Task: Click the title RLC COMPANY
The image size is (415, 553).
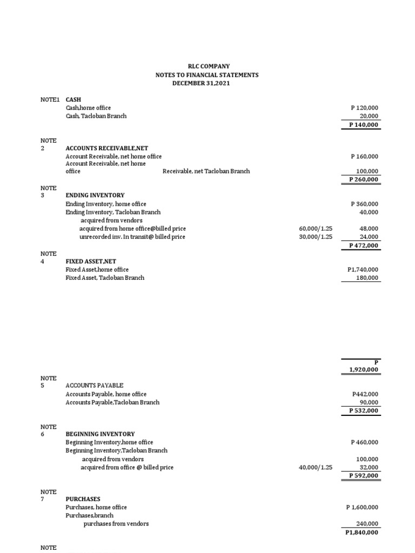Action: pos(207,66)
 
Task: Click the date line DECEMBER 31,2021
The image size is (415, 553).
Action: pos(207,83)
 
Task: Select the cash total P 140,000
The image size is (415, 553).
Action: pos(364,125)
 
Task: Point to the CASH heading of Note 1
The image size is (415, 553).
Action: pos(73,100)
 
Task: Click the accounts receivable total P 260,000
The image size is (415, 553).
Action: pos(364,180)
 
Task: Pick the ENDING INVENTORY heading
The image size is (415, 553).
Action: pos(95,195)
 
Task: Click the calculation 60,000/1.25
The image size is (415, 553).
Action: pos(316,229)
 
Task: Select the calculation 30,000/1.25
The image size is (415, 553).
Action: pos(316,237)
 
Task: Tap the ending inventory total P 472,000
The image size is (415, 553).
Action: pos(364,246)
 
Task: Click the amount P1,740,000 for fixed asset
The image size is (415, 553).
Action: pos(363,269)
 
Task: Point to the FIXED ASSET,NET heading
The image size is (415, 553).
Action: pos(91,261)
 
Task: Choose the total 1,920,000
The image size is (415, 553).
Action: pos(364,370)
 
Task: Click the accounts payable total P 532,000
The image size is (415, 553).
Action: pos(364,411)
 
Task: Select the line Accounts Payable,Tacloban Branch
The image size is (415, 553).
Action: pos(112,402)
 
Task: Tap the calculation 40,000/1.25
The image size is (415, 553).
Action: pos(316,468)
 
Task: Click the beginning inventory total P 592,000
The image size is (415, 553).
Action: pos(364,476)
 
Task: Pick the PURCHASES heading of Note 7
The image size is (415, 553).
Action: pos(83,500)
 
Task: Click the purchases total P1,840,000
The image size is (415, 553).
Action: pos(362,532)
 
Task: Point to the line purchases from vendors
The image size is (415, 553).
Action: pos(116,524)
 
